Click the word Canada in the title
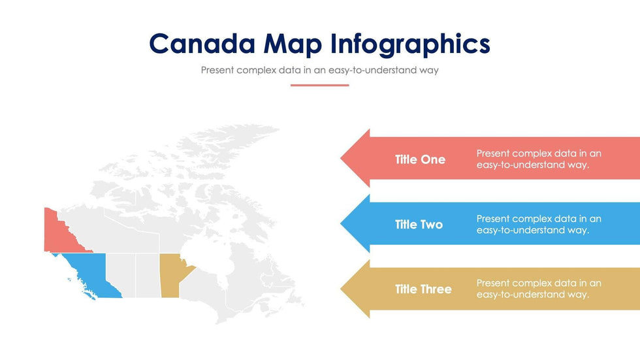point(202,43)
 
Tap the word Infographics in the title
point(410,44)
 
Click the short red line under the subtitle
point(319,86)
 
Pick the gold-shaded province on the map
point(171,276)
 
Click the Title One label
point(420,159)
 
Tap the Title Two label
point(419,225)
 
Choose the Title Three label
point(423,289)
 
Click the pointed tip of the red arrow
point(341,158)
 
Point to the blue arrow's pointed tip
point(341,223)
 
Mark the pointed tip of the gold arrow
point(341,289)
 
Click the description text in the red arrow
point(539,159)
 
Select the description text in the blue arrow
point(539,225)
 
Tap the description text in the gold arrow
point(539,289)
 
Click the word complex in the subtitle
point(256,71)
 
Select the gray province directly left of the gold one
point(148,276)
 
